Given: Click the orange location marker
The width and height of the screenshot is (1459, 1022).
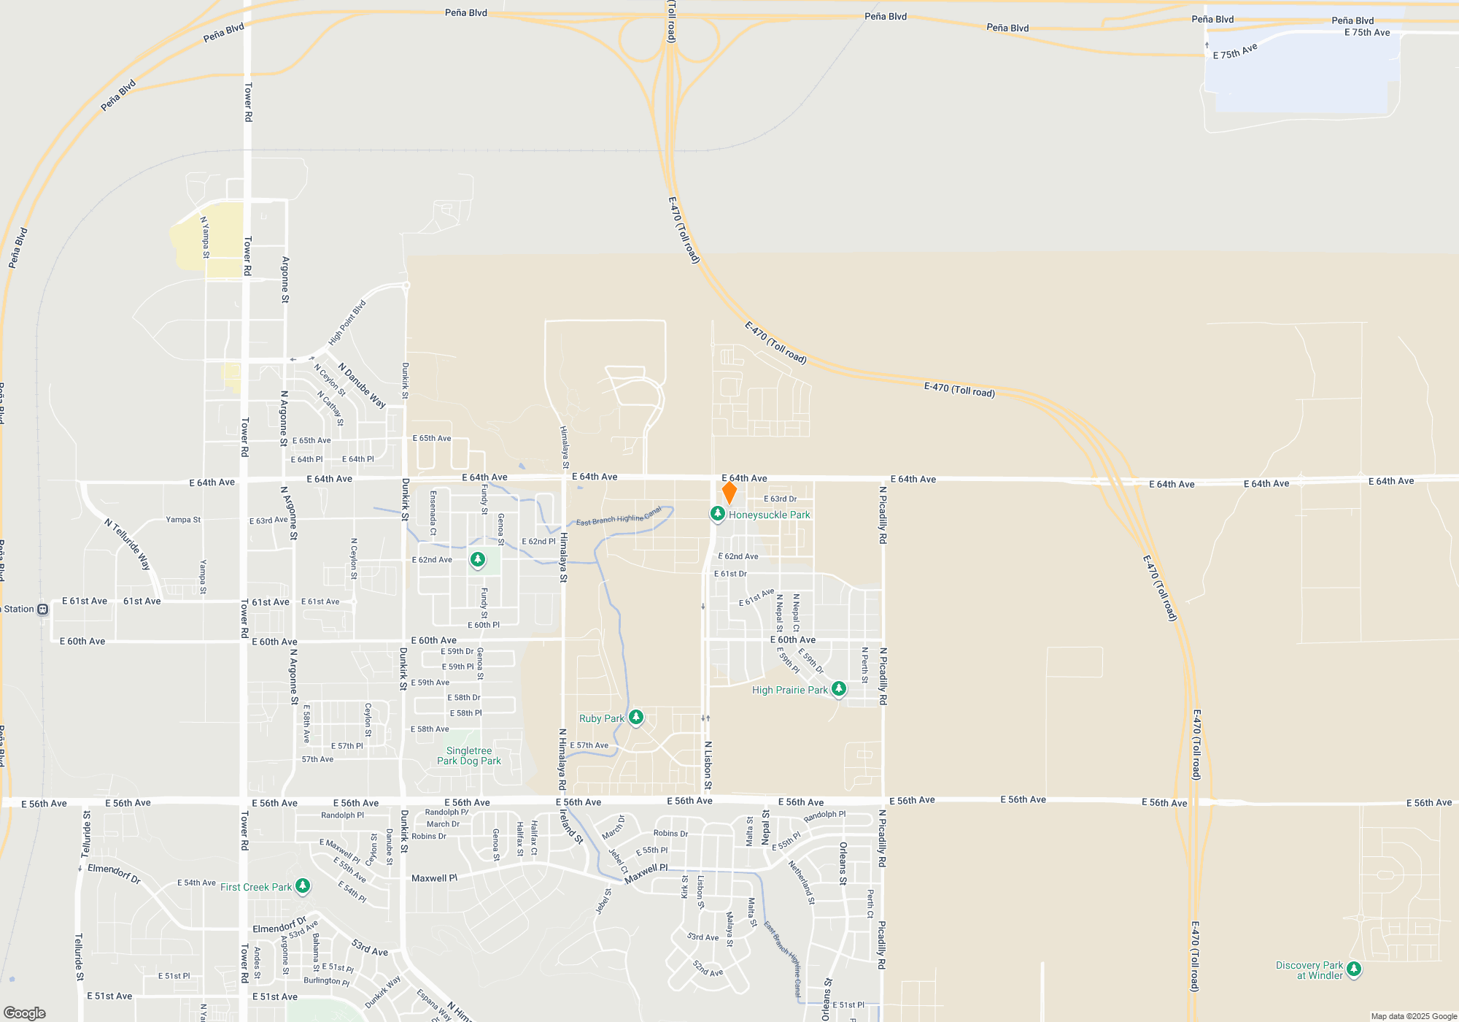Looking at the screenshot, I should coord(729,493).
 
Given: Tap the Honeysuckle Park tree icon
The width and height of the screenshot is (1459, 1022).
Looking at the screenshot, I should coord(718,514).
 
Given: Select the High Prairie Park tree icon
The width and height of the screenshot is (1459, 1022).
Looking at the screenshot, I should coord(839,688).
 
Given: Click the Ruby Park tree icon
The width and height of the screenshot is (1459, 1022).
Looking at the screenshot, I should coord(636,718).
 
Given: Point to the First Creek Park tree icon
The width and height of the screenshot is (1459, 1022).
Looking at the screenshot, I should coord(303,886).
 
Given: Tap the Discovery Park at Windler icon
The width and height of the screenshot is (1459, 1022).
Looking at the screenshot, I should coord(1354,969).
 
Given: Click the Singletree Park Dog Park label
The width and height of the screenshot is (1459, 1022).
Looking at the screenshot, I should coord(469,756).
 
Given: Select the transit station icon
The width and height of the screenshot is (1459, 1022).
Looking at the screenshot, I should coord(43,609).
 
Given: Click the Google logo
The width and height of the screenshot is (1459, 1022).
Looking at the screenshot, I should coord(25,1013).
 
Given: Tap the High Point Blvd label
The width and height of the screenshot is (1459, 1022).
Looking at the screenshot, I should coord(347,323).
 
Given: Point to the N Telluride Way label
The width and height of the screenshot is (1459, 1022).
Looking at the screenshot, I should coord(128,544).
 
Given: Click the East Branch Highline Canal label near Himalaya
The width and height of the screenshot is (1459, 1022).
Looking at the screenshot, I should coord(619,516).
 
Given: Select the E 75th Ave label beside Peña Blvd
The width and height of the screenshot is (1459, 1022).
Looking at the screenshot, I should coord(1367,33).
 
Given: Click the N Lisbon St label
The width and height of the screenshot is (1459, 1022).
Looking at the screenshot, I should coord(708,765).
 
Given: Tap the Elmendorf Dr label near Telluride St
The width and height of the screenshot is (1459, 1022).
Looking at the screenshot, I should coord(115,873).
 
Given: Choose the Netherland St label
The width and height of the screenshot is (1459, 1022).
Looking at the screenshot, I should coord(801,883).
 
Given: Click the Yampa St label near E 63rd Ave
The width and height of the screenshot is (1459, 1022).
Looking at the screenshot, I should coord(183,520).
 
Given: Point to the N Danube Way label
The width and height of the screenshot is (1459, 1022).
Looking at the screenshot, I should coord(362,385).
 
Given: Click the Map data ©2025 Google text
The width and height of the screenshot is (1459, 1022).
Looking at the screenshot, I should coord(1414,1016).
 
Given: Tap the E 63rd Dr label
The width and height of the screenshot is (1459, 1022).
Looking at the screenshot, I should coord(780,499).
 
